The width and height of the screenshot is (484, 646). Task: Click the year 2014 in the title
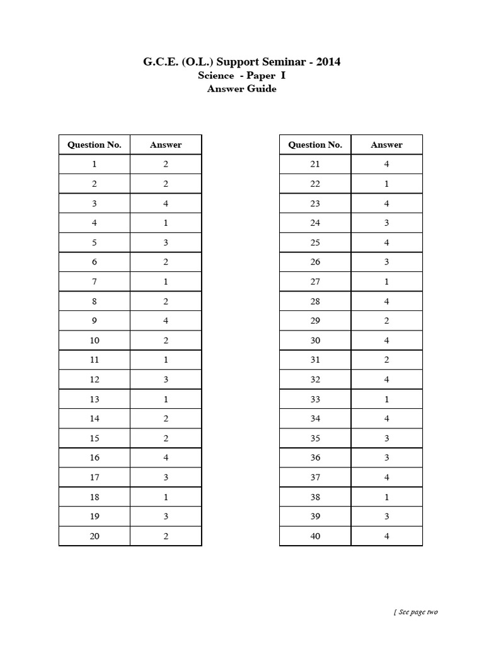(x=330, y=62)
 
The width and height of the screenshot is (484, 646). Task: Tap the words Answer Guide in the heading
(x=242, y=89)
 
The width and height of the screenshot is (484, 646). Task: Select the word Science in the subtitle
(x=215, y=76)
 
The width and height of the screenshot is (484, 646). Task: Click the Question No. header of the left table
(x=95, y=144)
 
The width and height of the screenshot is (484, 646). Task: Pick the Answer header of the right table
(x=386, y=144)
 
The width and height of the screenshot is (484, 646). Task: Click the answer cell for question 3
(x=166, y=203)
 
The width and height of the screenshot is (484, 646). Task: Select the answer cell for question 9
(x=166, y=320)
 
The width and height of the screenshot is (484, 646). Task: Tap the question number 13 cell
(x=95, y=399)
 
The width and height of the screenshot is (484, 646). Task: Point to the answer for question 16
(x=166, y=457)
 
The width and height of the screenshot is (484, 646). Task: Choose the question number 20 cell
(x=95, y=536)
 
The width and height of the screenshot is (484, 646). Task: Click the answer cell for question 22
(x=386, y=184)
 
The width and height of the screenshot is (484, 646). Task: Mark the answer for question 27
(x=386, y=281)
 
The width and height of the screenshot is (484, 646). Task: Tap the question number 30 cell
(x=315, y=340)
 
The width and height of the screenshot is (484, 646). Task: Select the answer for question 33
(x=386, y=399)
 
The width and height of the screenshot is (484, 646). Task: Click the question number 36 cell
(x=315, y=457)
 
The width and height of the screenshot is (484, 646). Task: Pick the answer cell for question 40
(x=386, y=536)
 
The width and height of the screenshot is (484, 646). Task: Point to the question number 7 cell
(x=95, y=281)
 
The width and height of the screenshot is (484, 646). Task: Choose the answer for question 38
(x=386, y=496)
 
